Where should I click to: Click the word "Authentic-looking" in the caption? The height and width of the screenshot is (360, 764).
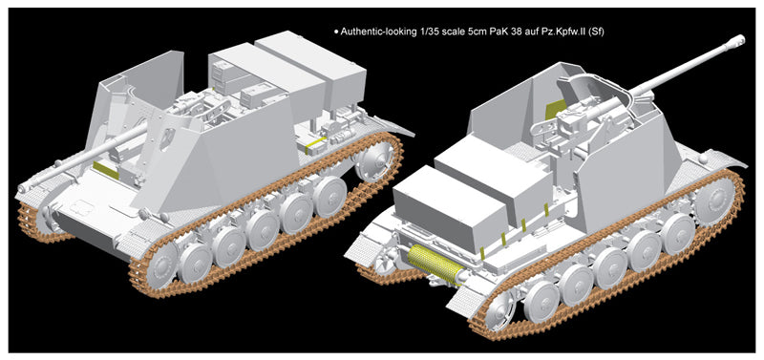(377, 32)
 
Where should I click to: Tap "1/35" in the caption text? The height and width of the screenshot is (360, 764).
(426, 32)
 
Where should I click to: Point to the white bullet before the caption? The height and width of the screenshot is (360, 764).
(336, 32)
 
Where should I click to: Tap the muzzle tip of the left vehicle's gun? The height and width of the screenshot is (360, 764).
(21, 187)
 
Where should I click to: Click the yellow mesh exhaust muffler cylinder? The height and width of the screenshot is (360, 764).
(435, 264)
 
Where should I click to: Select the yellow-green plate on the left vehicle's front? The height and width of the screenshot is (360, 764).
(106, 170)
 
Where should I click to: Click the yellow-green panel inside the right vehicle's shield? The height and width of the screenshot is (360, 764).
(556, 109)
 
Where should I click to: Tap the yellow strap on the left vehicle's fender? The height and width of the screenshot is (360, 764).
(316, 144)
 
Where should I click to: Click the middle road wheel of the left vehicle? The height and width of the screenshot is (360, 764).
(262, 229)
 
